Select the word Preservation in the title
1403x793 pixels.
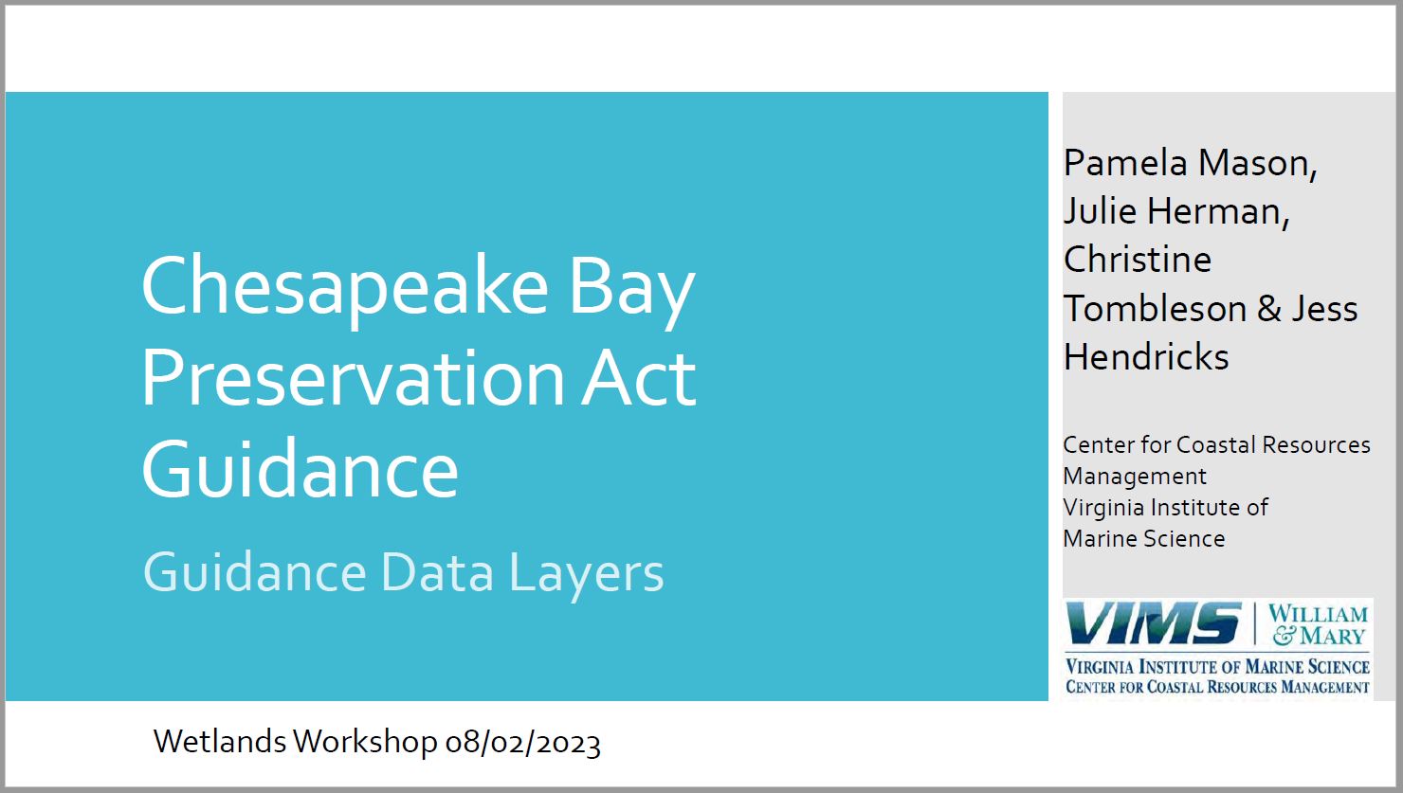pos(354,379)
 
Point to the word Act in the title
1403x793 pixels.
pos(639,379)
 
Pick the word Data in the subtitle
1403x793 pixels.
pos(437,572)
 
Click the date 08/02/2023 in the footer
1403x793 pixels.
pos(523,743)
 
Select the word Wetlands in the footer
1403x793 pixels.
pos(220,742)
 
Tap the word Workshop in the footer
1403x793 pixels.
pos(365,743)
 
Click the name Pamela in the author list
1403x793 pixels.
pos(1125,163)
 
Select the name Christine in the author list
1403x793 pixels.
pos(1138,260)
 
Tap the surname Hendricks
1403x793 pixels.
pos(1146,357)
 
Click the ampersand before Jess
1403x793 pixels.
pos(1269,309)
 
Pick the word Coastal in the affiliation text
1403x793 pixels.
pos(1216,445)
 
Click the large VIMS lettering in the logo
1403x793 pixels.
pos(1154,623)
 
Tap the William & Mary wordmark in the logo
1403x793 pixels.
pos(1318,624)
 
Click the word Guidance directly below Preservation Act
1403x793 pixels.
pos(301,469)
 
